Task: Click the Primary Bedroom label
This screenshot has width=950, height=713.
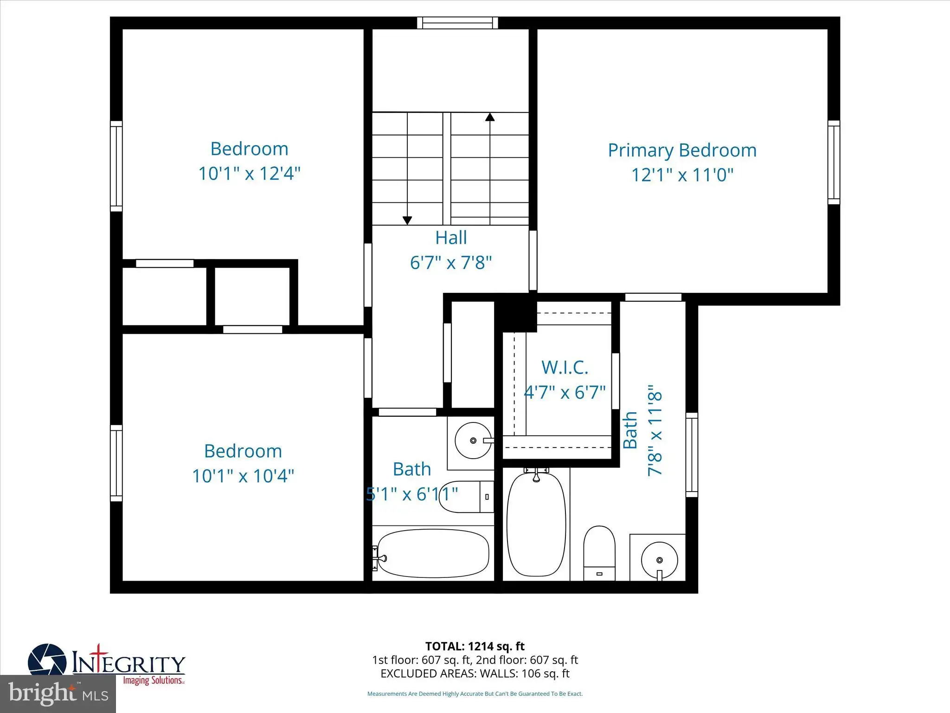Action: coord(682,151)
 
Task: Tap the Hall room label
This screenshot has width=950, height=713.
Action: coord(451,238)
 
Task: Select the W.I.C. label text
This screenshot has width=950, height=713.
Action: coord(565,368)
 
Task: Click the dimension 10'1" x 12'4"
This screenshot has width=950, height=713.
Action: coord(249,173)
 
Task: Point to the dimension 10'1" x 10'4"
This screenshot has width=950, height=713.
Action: coord(243,476)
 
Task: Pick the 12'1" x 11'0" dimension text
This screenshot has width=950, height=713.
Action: coord(682,175)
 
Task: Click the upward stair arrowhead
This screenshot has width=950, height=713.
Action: coord(490,117)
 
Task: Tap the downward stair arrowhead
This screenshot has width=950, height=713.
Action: coord(407,220)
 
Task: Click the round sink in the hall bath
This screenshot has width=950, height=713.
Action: coord(473,440)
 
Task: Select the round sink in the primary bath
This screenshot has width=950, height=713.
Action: coord(659,560)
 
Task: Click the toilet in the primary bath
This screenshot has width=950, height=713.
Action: coord(599,553)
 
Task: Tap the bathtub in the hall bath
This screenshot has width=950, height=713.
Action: coord(432,554)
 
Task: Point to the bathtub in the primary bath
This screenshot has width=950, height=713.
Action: coord(536,524)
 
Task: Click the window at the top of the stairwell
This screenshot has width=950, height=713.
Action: coord(457,23)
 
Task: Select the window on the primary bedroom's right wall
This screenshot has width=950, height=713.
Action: coord(834,162)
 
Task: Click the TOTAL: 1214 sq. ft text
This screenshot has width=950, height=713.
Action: coord(475,646)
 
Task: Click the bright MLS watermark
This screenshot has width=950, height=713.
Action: coord(58,694)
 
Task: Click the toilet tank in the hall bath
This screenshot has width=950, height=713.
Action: coord(487,497)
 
